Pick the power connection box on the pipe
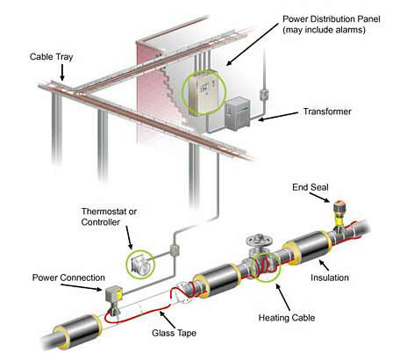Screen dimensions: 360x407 [111, 295]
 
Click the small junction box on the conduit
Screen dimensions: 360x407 [174, 250]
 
